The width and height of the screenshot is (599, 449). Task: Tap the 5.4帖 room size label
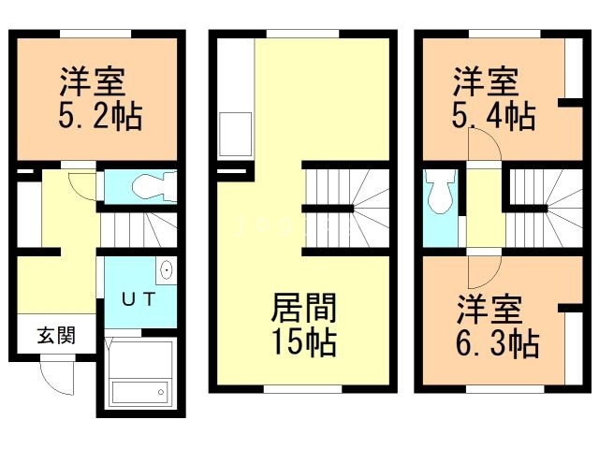[x=493, y=118]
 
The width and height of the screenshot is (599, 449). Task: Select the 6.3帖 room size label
[x=497, y=344]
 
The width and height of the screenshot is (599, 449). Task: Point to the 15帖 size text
[x=304, y=342]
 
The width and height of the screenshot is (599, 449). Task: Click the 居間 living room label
[x=303, y=308]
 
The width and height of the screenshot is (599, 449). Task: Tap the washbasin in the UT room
[x=167, y=271]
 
